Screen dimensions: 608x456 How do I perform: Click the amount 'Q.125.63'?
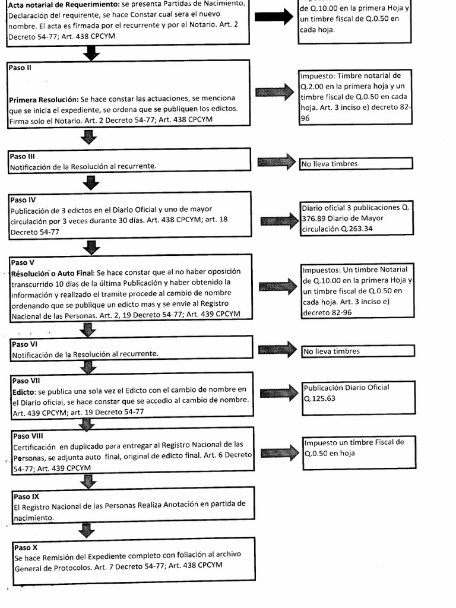pyautogui.click(x=319, y=398)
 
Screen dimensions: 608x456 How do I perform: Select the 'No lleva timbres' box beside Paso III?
pyautogui.click(x=356, y=164)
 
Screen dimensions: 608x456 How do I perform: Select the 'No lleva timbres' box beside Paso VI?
pyautogui.click(x=357, y=351)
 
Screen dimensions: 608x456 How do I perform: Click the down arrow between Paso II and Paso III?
pyautogui.click(x=89, y=138)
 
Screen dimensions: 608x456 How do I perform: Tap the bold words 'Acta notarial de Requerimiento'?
pyautogui.click(x=62, y=5)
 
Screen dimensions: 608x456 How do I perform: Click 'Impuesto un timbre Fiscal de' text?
pyautogui.click(x=354, y=442)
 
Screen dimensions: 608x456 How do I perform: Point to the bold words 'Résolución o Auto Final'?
pyautogui.click(x=52, y=273)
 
